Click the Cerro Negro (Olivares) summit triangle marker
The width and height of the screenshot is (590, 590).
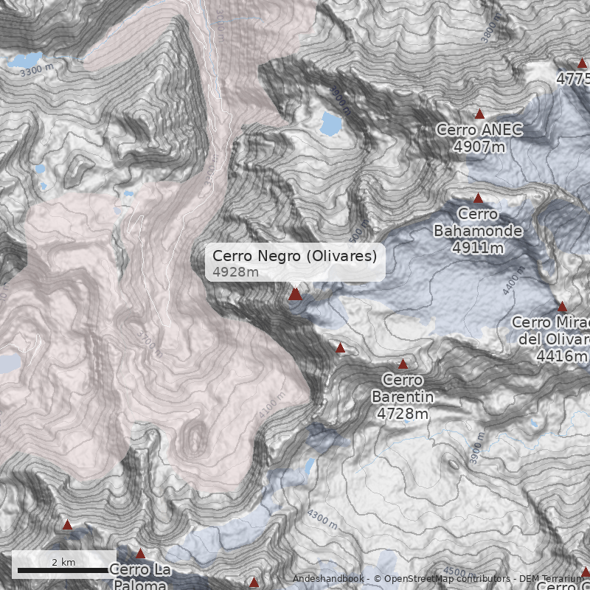pos(295,294)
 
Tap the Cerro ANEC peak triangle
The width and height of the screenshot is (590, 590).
pos(479,114)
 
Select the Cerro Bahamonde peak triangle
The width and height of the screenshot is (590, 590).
pos(478,198)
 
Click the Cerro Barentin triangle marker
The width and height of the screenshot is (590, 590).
pos(403,364)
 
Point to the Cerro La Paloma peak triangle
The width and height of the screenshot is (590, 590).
pos(140,554)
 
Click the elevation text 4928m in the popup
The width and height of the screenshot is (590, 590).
pos(236,272)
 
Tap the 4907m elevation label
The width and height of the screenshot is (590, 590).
pos(479,147)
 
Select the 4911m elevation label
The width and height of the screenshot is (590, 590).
pos(478,247)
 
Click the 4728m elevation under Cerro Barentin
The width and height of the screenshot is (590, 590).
pos(403,414)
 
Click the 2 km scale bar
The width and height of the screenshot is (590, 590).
pos(63,569)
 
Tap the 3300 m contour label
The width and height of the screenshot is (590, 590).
pos(37,72)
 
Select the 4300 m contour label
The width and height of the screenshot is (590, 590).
pos(322,519)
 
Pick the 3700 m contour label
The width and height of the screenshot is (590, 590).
pos(148,342)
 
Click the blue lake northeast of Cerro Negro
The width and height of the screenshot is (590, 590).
pos(331,123)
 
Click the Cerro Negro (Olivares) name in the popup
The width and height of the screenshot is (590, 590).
pos(294,256)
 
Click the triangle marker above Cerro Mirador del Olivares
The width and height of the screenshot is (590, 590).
pos(562,306)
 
